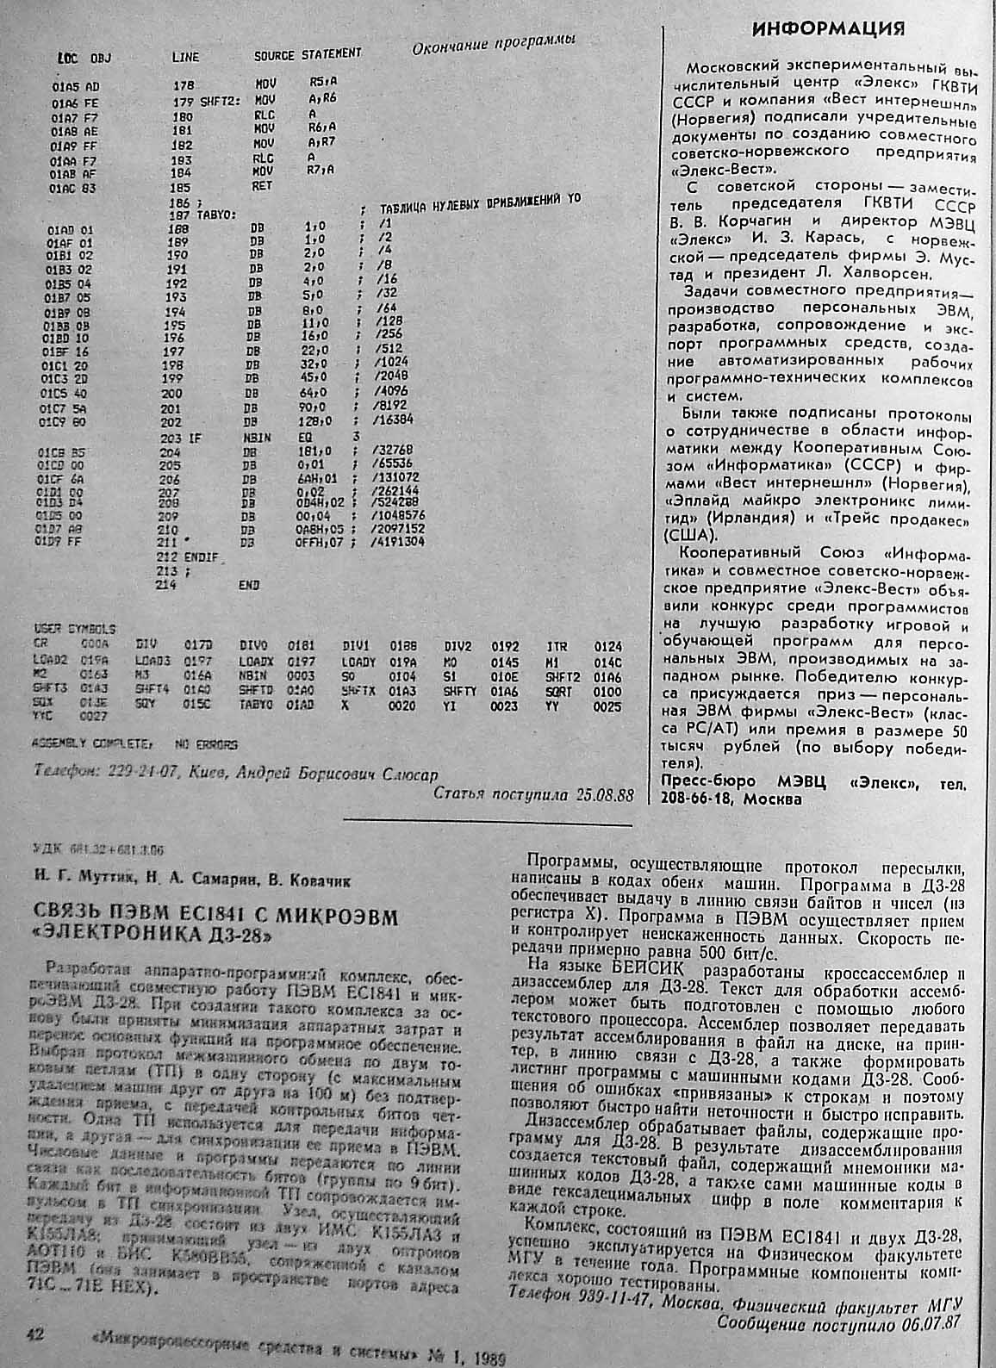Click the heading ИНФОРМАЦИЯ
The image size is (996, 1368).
point(829,29)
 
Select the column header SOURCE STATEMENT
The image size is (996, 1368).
point(308,55)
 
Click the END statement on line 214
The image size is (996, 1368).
point(249,585)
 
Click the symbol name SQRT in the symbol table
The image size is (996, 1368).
point(558,693)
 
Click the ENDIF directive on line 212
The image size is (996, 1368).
point(197,557)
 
